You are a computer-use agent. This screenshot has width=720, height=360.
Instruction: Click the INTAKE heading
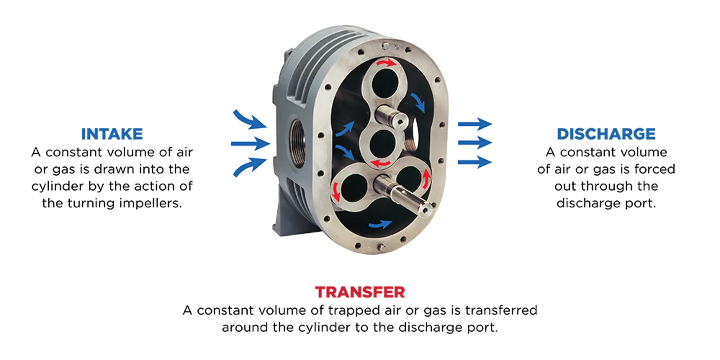tap(112, 134)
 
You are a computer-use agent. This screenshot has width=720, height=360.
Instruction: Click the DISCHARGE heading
tap(606, 134)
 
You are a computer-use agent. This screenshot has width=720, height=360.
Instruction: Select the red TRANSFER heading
tap(360, 292)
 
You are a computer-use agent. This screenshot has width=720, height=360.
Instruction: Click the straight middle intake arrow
tap(251, 144)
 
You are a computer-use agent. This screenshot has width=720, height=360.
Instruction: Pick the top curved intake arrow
tap(249, 120)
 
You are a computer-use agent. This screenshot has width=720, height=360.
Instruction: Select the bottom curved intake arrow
tap(249, 167)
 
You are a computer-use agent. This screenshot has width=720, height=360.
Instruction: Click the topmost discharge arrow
tap(475, 124)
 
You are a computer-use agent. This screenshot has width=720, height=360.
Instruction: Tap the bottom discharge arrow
tap(475, 162)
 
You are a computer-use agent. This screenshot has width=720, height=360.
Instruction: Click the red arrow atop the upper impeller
tap(386, 64)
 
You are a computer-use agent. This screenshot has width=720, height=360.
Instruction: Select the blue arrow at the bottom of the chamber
tap(380, 225)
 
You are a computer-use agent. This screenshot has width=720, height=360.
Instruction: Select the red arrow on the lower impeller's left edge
tap(336, 192)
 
